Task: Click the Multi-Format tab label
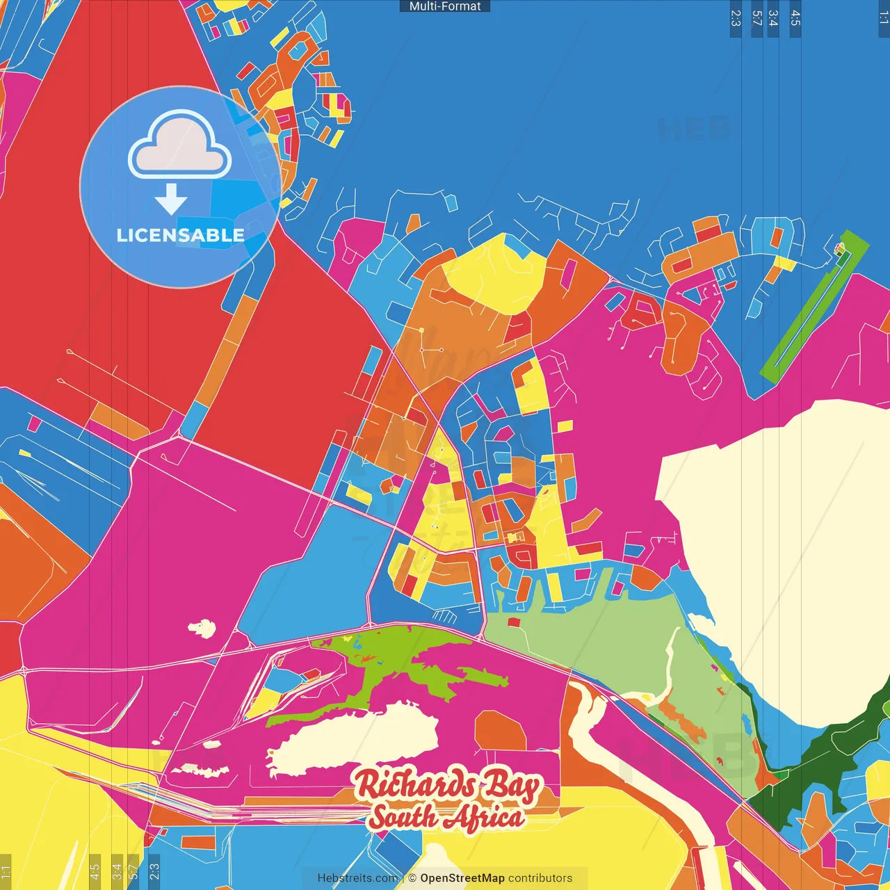click(x=444, y=6)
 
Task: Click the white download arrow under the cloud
click(x=171, y=199)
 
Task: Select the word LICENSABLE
click(x=180, y=235)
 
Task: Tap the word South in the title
click(x=402, y=817)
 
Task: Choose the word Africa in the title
click(x=484, y=817)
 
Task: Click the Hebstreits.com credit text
click(x=357, y=878)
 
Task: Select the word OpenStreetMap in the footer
click(x=462, y=878)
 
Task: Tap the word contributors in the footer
click(x=540, y=878)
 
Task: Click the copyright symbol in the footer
click(x=412, y=878)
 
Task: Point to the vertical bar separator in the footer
click(x=403, y=878)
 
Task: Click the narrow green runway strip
click(x=814, y=306)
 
